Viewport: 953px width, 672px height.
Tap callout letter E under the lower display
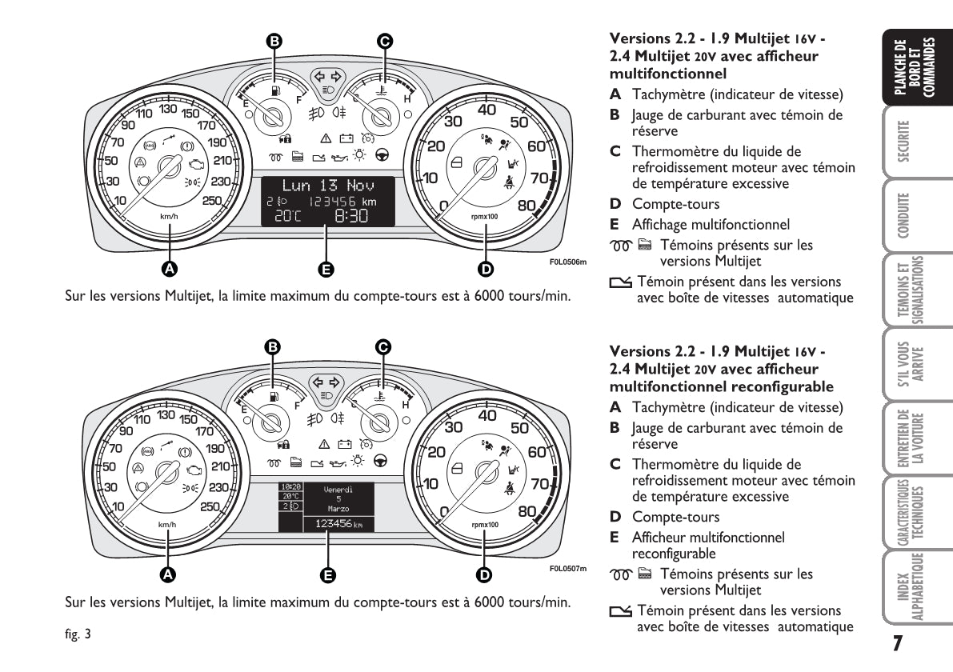tap(326, 574)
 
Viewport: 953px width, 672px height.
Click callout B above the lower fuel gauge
tap(272, 346)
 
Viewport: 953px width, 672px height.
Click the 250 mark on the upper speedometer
tap(211, 200)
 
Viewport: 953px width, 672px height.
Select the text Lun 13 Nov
tap(326, 186)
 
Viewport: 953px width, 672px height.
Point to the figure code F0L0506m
tap(567, 261)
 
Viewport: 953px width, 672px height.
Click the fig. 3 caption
tap(78, 635)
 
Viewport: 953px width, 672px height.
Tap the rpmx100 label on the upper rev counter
tap(485, 216)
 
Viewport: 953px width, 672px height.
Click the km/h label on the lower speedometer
tap(167, 525)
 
